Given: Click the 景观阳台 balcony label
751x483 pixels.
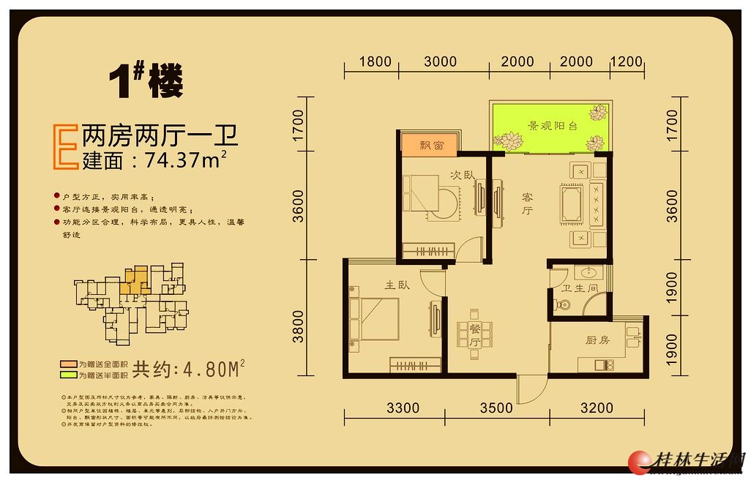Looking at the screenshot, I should point(553,126).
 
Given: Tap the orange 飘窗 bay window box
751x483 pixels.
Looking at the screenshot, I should point(430,144).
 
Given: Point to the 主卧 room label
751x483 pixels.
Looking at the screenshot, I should point(397,285).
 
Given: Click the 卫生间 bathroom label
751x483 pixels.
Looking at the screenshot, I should point(580,288).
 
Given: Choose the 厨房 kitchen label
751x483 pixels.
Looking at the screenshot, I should point(597,340).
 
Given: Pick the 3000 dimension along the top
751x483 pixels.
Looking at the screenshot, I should point(440,62).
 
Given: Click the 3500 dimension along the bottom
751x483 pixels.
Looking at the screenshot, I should point(496,408).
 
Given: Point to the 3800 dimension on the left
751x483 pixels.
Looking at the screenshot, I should point(298,327).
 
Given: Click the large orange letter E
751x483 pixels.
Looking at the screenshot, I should point(66,148).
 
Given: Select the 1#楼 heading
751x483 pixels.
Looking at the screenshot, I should point(146,80).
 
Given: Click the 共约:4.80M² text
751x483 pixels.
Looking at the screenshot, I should point(187,368).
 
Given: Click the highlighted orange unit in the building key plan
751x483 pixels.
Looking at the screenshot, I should point(133,281).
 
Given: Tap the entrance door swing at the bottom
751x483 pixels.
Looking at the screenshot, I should point(531,389).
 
